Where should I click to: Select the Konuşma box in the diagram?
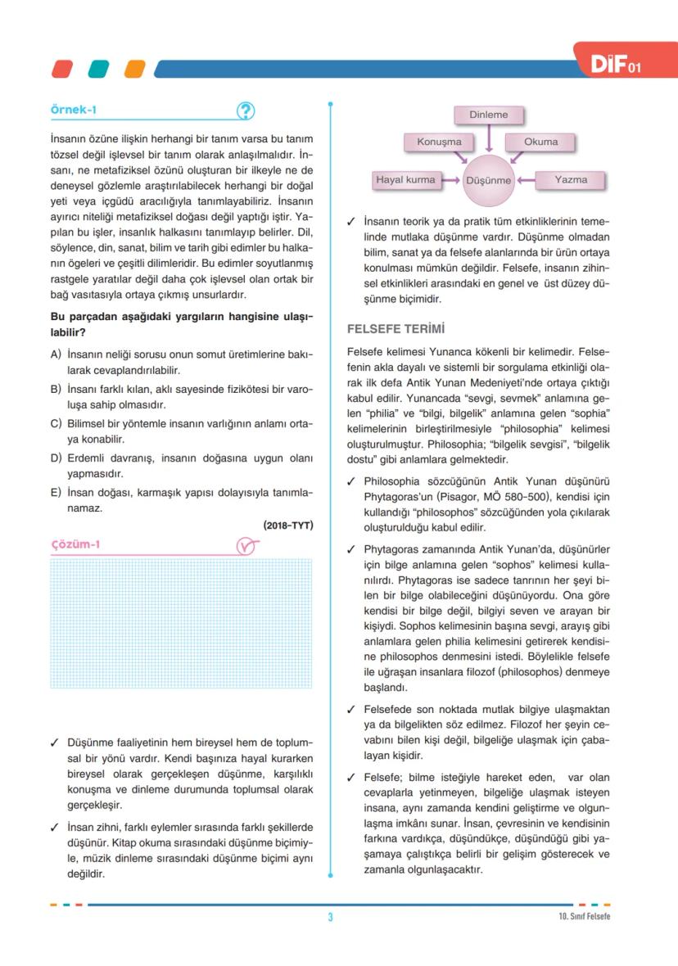[439, 142]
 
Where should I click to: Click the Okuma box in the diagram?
[540, 142]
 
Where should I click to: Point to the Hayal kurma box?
[405, 179]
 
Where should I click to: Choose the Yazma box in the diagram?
[571, 179]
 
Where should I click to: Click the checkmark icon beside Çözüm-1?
[245, 546]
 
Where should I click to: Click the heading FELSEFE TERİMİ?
[395, 329]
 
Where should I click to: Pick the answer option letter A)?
[56, 354]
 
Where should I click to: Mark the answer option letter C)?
[56, 423]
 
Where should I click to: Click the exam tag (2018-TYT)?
[288, 525]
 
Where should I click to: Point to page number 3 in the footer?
[330, 917]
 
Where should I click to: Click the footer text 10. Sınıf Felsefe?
[579, 916]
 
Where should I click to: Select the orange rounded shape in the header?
[134, 69]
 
